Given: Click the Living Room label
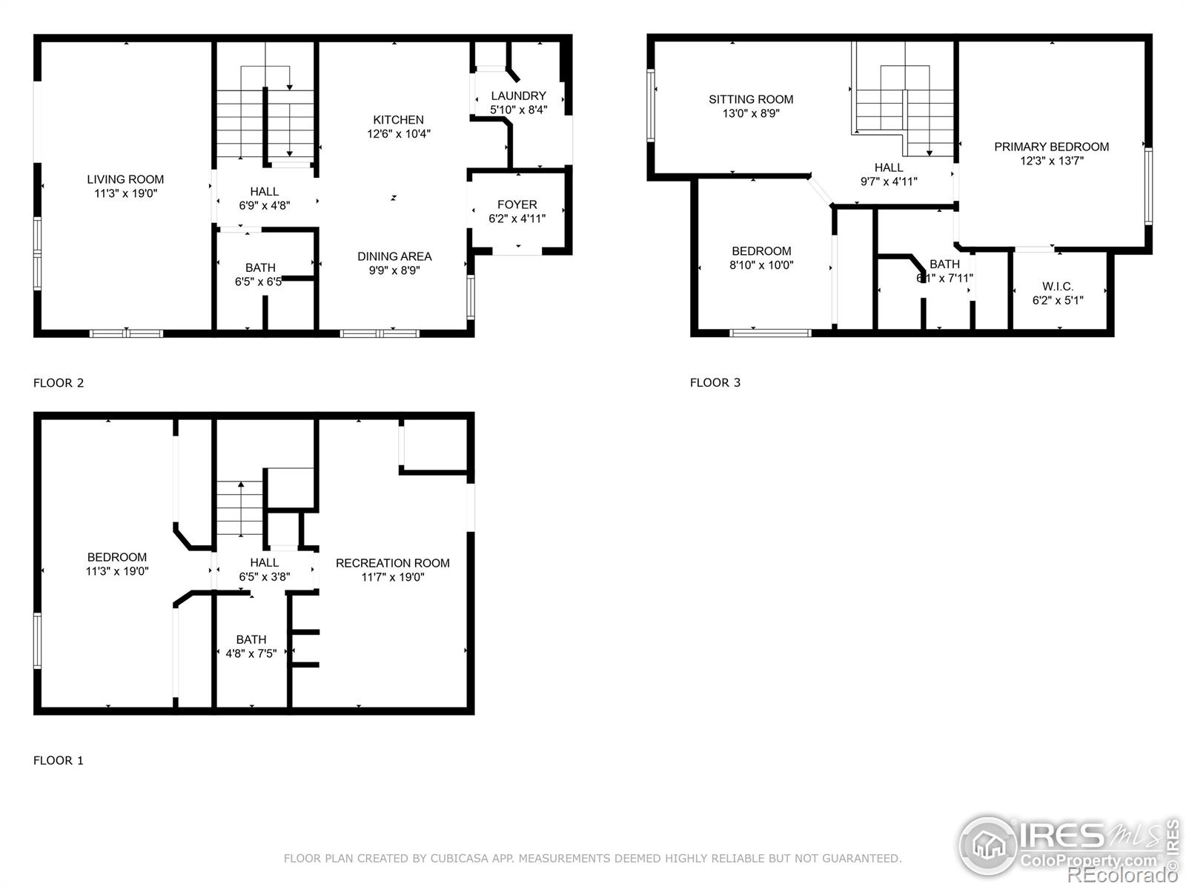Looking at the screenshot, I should [125, 179].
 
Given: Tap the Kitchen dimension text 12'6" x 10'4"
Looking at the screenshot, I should [399, 134].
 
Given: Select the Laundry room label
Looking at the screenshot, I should [518, 96].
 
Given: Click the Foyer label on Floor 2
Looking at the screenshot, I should [517, 204].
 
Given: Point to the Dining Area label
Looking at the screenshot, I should [394, 256].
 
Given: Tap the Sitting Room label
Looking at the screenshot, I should [751, 99].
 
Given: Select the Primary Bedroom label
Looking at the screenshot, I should [1051, 147].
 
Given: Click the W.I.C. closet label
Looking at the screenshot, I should [1058, 287].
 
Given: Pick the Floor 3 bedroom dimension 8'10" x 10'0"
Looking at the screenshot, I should [761, 264].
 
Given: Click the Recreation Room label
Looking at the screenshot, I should [393, 563].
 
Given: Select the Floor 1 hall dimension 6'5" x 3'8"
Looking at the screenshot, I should [265, 576].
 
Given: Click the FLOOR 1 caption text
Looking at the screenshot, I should [59, 760].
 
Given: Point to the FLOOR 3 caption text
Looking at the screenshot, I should [715, 382].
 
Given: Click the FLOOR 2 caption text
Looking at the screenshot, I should [59, 383].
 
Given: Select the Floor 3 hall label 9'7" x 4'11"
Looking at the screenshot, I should [889, 181].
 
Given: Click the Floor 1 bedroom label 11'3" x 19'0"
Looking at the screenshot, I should [117, 571].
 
